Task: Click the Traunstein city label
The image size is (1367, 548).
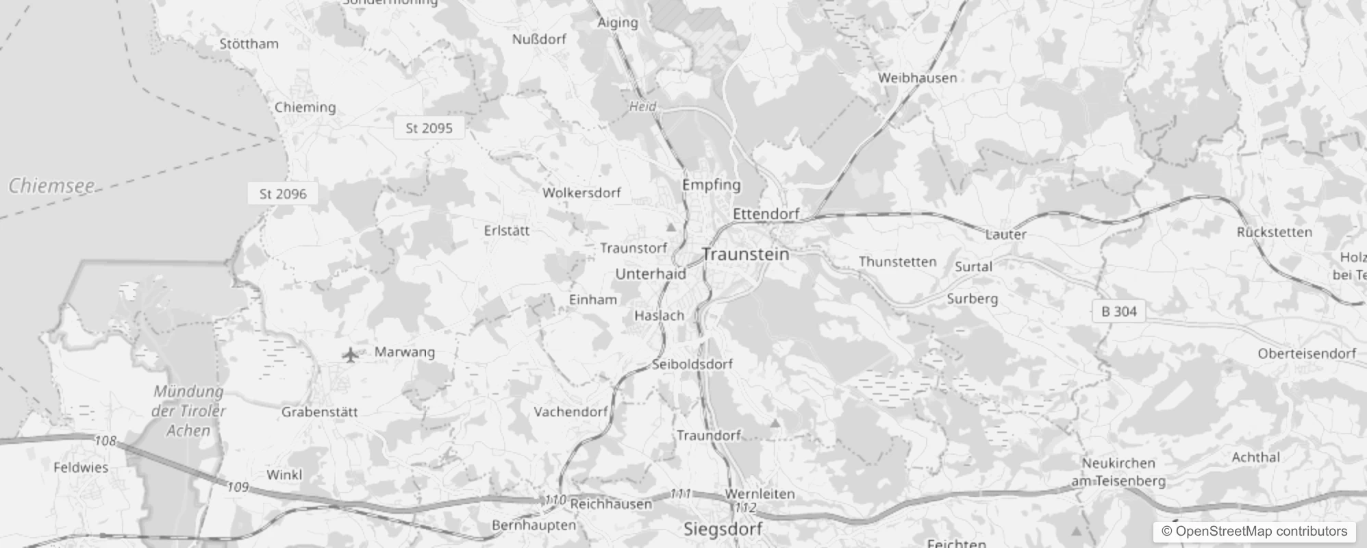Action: pyautogui.click(x=745, y=254)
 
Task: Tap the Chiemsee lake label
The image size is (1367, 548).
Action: pyautogui.click(x=51, y=186)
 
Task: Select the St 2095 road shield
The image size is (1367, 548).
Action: pyautogui.click(x=429, y=128)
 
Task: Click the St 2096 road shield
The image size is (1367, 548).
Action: pyautogui.click(x=283, y=194)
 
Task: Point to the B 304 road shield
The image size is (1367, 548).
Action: pyautogui.click(x=1118, y=312)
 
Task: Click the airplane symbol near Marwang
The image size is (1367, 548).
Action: pyautogui.click(x=350, y=355)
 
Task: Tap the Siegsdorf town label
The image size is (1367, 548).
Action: pyautogui.click(x=723, y=529)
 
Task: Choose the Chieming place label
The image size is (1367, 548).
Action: pyautogui.click(x=305, y=107)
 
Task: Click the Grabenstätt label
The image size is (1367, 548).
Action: pyautogui.click(x=319, y=412)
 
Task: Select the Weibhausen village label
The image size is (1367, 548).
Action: pyautogui.click(x=917, y=77)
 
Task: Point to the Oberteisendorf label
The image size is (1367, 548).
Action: pyautogui.click(x=1306, y=353)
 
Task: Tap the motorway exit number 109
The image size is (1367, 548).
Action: pyautogui.click(x=237, y=487)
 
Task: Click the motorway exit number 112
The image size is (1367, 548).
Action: pyautogui.click(x=744, y=508)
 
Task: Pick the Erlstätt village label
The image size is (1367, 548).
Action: pyautogui.click(x=506, y=231)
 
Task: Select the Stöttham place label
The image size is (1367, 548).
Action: pyautogui.click(x=249, y=44)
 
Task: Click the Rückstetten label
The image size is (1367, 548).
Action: pyautogui.click(x=1274, y=232)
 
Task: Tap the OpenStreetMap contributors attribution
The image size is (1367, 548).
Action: pyautogui.click(x=1254, y=532)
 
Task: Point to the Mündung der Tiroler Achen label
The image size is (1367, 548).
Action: pyautogui.click(x=188, y=411)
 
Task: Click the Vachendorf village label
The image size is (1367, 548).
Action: pyautogui.click(x=570, y=412)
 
